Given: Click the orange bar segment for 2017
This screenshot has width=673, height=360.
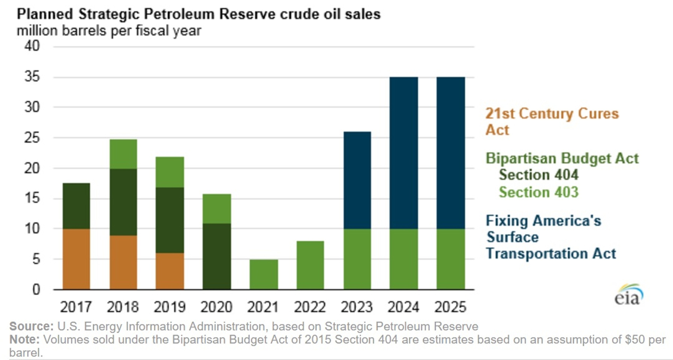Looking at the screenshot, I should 76,259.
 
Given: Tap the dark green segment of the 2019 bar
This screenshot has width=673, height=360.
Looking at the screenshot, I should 170,220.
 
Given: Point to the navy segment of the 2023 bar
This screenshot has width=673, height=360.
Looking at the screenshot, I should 357,180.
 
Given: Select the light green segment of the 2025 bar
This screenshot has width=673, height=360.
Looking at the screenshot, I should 451,259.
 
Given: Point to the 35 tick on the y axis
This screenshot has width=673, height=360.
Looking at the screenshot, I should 32,77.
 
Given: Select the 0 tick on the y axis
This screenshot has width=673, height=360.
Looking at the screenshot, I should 36,290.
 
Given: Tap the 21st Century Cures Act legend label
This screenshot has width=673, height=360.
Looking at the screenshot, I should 552,121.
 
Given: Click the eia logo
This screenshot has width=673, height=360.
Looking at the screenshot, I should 628,295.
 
